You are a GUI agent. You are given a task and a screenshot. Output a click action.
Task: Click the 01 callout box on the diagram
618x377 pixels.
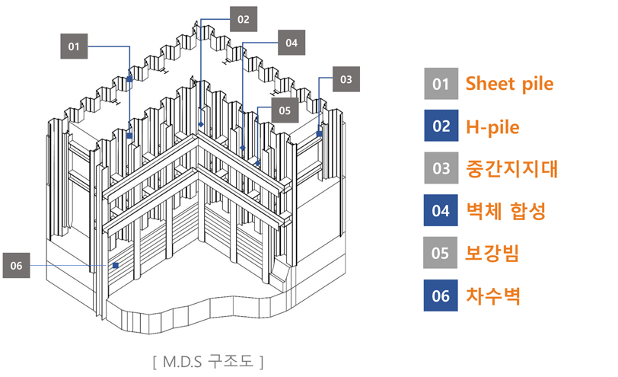74,46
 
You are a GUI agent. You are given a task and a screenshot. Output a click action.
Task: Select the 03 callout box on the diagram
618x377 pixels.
346,78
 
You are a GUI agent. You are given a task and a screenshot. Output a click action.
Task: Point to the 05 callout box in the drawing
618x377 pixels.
284,110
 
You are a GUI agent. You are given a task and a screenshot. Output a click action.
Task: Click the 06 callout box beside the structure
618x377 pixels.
17,265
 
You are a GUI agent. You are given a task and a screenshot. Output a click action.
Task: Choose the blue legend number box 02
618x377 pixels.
441,126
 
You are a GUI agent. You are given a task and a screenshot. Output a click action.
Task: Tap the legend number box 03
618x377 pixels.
441,168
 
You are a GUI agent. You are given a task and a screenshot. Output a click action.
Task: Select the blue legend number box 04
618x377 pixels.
441,211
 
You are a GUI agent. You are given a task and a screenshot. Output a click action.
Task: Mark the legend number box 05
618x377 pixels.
441,253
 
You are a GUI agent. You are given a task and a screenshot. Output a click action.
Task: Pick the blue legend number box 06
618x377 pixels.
441,296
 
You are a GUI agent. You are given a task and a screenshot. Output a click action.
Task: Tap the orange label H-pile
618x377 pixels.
492,126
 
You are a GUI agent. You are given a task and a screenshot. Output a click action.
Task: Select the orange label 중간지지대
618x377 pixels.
511,168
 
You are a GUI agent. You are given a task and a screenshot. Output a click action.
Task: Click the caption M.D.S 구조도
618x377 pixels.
208,359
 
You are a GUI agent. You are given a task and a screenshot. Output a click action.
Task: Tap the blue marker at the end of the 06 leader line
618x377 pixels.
115,265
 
